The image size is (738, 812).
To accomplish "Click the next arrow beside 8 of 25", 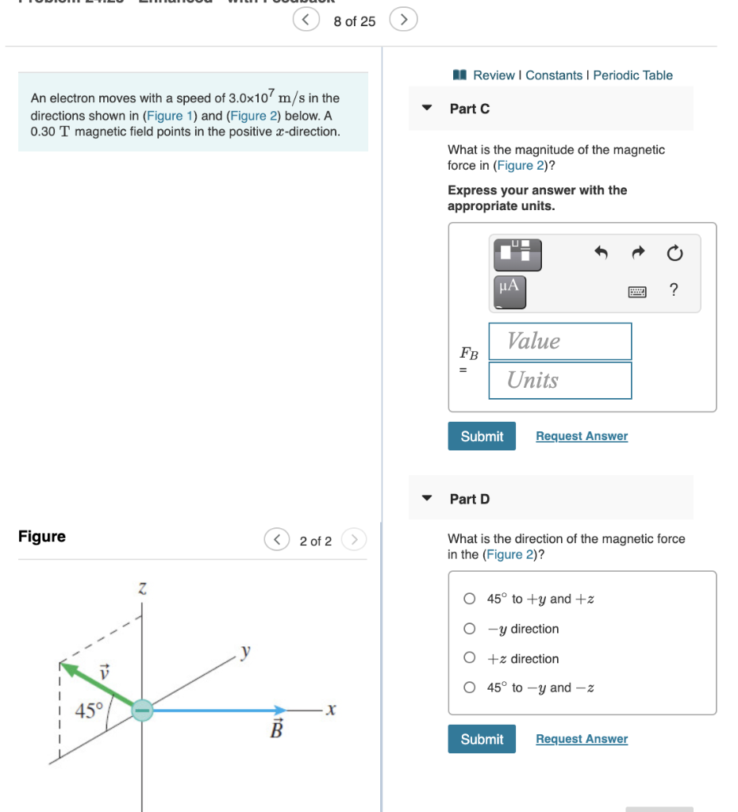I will pos(403,20).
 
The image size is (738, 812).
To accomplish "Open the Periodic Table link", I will pos(632,75).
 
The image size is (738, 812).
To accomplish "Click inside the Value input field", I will pos(559,342).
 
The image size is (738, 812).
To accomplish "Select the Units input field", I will pos(559,381).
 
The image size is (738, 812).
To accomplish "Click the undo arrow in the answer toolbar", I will pos(601,254).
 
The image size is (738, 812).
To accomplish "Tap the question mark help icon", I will pos(674,290).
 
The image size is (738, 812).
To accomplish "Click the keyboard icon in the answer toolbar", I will pos(637,292).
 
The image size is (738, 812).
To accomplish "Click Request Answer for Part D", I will pos(581,739).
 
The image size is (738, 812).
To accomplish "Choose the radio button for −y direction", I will pos(471,629).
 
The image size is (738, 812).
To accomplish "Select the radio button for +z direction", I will pos(471,659).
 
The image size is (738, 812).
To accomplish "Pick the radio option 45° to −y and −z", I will pos(471,688).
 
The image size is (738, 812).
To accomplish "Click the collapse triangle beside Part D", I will pos(427,499).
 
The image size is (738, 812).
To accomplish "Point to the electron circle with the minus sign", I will pos(142,710).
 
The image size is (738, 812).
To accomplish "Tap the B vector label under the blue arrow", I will pos(276,730).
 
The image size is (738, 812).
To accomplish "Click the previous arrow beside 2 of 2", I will pos(276,541).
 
